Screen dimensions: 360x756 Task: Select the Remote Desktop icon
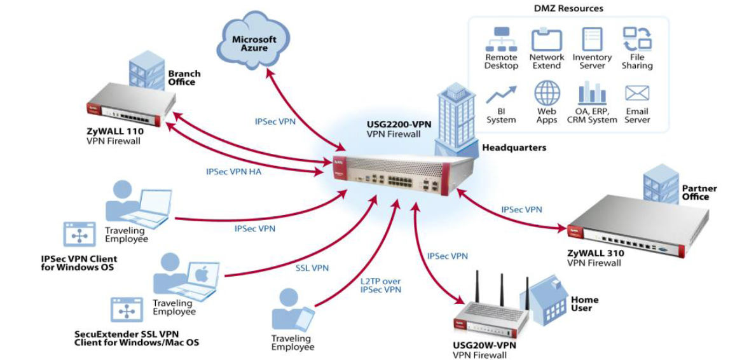[501, 39]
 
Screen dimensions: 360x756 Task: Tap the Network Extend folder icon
[546, 39]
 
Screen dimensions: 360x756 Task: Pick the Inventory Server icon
[591, 39]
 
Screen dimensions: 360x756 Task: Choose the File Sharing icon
[636, 39]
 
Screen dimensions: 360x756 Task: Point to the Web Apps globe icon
[546, 93]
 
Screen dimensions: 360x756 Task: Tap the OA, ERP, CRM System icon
[591, 93]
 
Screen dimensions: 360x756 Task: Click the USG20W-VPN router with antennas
[490, 315]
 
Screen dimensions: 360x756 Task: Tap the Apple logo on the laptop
[201, 275]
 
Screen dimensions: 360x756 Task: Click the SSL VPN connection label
[312, 268]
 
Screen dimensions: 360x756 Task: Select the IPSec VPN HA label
[233, 171]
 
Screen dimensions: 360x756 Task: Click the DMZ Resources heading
[568, 8]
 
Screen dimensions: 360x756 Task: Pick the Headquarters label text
[514, 147]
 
